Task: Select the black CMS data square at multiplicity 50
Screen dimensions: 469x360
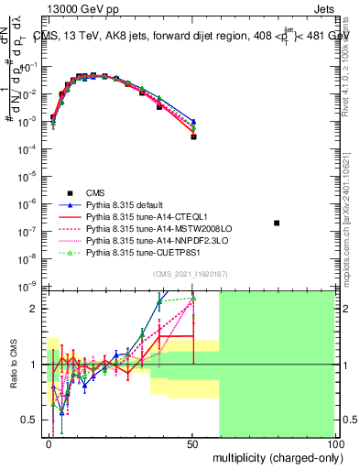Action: coord(193,136)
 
